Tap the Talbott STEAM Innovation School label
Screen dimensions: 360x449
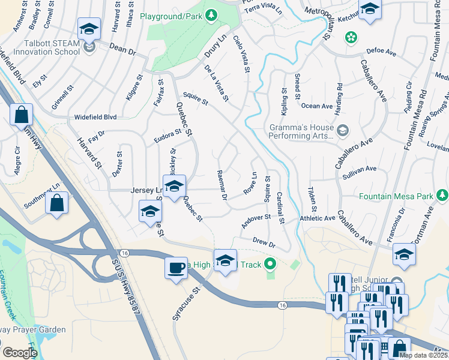pos(44,47)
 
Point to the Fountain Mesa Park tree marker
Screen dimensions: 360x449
pos(442,196)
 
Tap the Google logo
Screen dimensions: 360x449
pos(20,353)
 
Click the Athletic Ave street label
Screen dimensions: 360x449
pos(317,218)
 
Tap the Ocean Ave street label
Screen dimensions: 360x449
pos(316,106)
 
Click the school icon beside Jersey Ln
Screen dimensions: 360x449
pos(174,187)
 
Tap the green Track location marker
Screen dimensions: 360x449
pos(270,262)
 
